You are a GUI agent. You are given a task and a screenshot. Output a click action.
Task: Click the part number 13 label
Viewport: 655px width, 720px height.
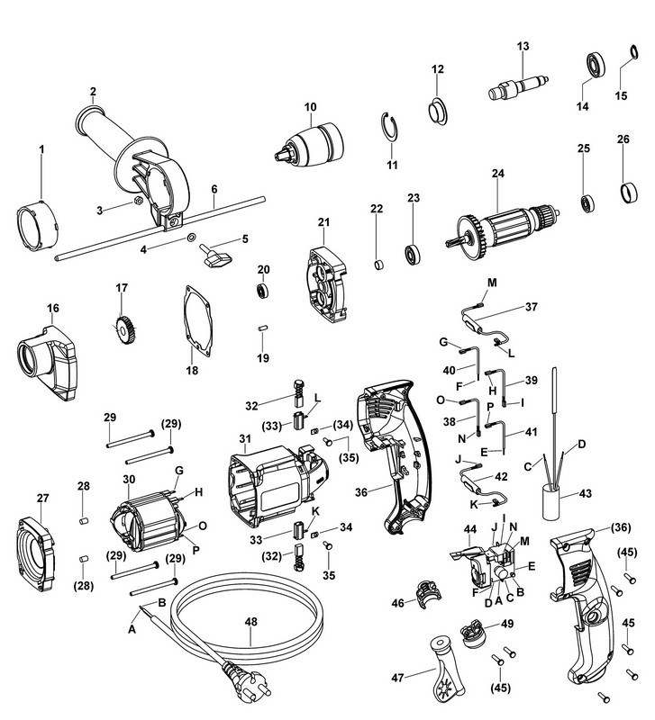(x=522, y=46)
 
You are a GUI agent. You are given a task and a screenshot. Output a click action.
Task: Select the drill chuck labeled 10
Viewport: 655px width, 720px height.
(x=310, y=143)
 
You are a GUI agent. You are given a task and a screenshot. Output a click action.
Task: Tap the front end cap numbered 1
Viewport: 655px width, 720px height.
(x=38, y=222)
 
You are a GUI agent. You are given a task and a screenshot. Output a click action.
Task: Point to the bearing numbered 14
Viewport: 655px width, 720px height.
(x=595, y=65)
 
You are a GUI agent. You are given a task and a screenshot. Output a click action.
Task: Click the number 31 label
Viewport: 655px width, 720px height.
(x=243, y=438)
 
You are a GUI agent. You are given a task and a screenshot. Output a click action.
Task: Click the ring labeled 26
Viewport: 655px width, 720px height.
(x=623, y=193)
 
